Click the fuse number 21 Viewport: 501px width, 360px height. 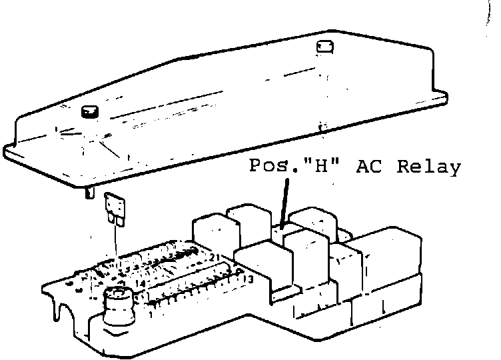(x=215, y=257)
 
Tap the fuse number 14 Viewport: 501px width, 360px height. (x=139, y=284)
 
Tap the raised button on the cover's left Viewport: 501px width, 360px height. (x=89, y=112)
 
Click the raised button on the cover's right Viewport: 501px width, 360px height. (x=324, y=47)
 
